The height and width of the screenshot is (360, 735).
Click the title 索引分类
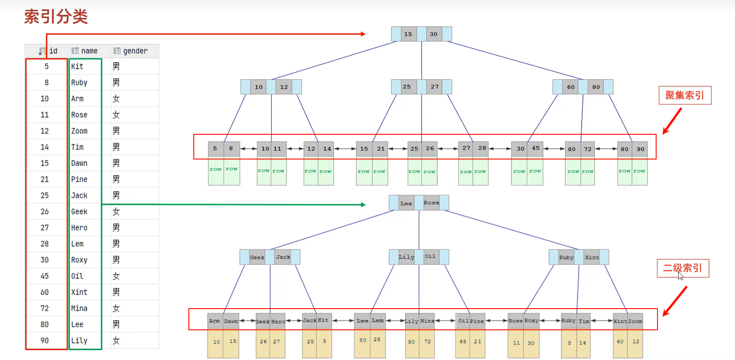56,17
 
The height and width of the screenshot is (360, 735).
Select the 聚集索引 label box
685,96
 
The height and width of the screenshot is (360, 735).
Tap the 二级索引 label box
683,268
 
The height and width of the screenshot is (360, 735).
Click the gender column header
135,51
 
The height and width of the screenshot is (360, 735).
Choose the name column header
89,51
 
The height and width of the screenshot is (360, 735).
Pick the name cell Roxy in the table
79,260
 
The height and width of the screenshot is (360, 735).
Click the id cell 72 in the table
45,308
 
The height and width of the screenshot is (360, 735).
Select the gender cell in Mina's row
116,308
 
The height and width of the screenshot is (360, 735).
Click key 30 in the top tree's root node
434,34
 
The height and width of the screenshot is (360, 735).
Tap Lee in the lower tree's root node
406,203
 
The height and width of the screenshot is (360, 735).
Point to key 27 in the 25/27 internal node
434,87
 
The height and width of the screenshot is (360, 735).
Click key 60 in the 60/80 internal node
571,87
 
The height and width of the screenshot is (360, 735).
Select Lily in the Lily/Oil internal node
406,257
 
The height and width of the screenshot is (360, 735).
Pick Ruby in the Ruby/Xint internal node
566,257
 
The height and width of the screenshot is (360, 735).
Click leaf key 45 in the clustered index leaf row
535,148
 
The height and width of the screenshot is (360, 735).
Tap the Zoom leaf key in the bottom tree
635,321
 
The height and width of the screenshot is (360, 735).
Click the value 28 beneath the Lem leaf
377,340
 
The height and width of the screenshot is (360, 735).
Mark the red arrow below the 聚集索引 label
672,121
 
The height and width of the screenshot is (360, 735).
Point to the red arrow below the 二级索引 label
675,301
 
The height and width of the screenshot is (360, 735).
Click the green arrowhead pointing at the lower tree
363,205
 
